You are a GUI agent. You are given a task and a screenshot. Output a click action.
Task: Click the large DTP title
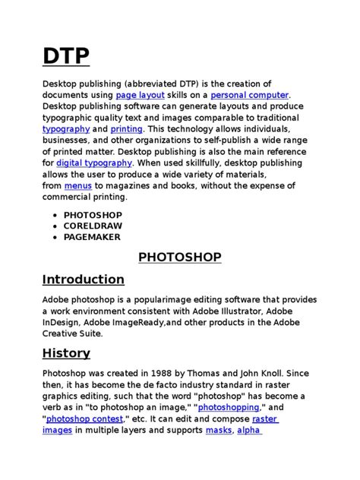(65, 56)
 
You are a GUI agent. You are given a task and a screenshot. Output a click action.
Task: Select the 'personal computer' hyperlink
(249, 95)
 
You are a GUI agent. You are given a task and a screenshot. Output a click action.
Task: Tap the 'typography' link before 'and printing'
(65, 129)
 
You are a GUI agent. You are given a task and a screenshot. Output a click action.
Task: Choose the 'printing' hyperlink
(126, 129)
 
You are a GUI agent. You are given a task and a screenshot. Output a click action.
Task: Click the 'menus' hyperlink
(77, 185)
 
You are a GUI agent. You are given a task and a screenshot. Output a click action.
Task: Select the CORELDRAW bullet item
(93, 226)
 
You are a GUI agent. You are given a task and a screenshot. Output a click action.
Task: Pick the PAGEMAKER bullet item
(93, 237)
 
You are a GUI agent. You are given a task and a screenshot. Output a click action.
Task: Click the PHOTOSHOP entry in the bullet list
(93, 215)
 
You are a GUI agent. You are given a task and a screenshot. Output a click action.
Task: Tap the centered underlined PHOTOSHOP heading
(180, 257)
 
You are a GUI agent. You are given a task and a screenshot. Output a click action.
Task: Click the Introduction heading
(84, 279)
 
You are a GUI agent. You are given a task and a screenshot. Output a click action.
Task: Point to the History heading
(66, 352)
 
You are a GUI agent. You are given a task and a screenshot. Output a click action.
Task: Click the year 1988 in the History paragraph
(163, 374)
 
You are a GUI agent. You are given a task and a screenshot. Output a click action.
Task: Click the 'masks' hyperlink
(218, 430)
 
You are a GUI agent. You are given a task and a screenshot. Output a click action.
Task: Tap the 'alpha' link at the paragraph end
(249, 430)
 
